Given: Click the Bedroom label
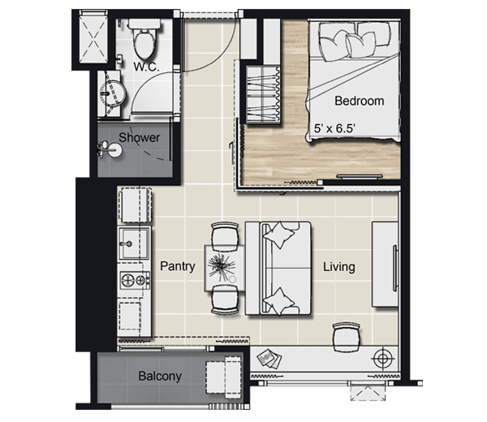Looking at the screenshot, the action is [x=359, y=101].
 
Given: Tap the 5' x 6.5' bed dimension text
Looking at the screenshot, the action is [x=334, y=128].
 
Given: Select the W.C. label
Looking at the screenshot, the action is [x=146, y=67].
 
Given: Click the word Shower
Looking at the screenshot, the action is [x=139, y=138].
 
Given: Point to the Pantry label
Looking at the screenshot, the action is [x=178, y=266].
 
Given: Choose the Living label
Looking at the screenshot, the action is [x=338, y=267].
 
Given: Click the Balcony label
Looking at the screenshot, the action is [x=160, y=376].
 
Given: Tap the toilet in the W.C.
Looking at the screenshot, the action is [x=144, y=39].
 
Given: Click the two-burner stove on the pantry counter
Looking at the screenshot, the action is [x=135, y=280].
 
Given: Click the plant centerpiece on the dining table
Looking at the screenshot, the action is [x=221, y=266].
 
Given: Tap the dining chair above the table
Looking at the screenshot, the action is [x=225, y=235].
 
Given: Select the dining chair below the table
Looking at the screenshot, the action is [x=225, y=299].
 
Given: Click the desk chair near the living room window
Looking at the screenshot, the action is [x=347, y=337].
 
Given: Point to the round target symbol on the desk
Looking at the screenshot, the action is [x=383, y=360].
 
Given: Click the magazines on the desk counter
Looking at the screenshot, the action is [x=269, y=359].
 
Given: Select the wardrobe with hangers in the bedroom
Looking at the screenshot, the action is [x=263, y=94].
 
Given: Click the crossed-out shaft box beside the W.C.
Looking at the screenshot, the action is [x=94, y=37].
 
